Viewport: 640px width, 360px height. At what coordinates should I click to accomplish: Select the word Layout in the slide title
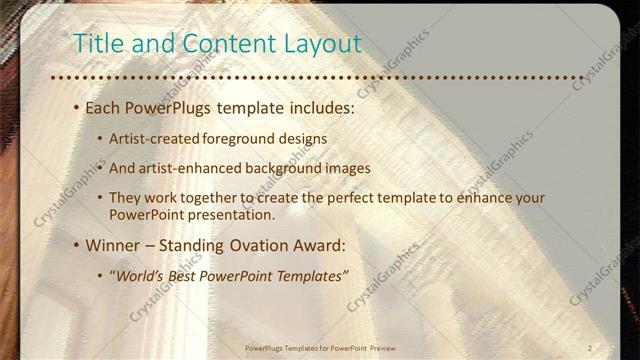(x=320, y=43)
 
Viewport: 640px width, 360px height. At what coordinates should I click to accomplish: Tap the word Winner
(x=113, y=244)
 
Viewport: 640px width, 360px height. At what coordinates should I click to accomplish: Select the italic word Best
(x=192, y=274)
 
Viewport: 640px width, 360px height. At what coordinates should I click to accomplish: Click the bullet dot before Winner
(x=75, y=245)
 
